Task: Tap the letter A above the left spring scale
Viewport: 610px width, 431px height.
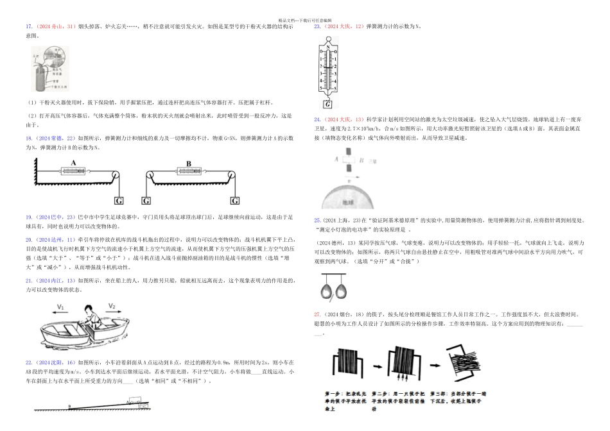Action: [74, 163]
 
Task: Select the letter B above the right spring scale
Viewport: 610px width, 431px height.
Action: [188, 163]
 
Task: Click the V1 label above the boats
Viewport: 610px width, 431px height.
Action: [61, 307]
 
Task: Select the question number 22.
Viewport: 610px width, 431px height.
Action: [28, 363]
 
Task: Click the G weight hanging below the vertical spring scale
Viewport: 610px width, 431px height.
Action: [328, 104]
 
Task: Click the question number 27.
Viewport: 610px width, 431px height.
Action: [317, 314]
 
